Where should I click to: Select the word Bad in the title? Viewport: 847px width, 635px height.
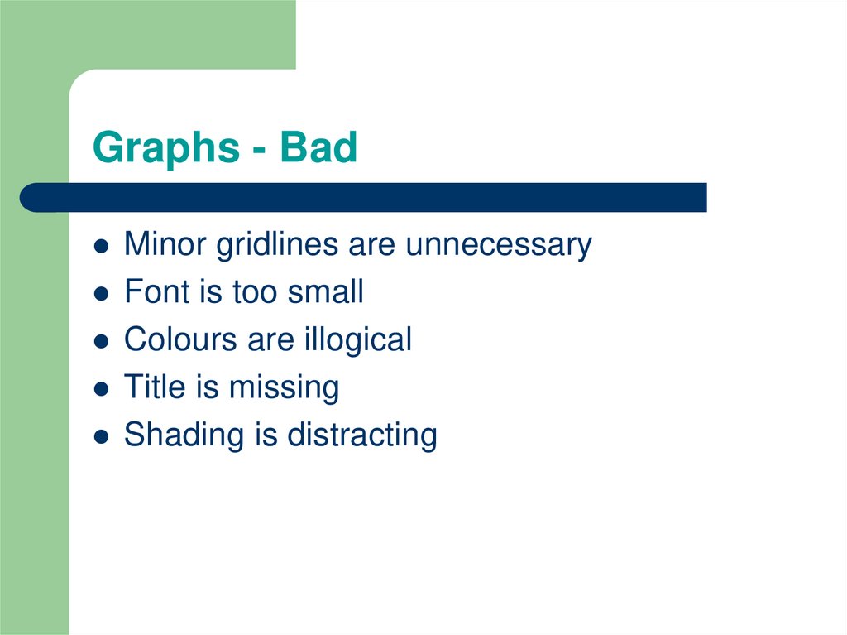[318, 148]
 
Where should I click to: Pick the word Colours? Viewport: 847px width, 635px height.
[179, 339]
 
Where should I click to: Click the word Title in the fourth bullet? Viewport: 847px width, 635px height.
[150, 387]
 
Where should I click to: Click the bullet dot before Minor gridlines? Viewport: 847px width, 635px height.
[101, 247]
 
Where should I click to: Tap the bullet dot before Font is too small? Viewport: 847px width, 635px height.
[101, 294]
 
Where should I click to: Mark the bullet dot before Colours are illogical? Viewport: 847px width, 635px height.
[101, 341]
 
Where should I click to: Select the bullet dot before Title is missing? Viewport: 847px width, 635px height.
[101, 389]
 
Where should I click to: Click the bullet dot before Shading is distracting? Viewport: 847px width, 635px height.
[101, 436]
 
